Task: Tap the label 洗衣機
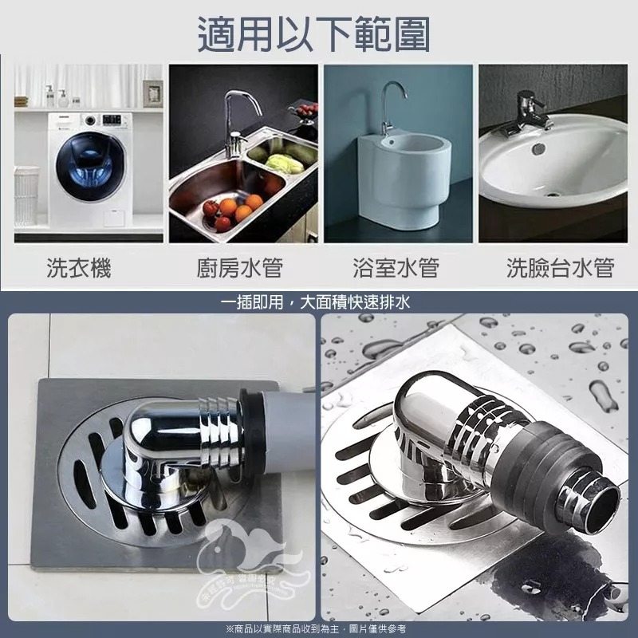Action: point(78,268)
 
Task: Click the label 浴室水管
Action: point(396,268)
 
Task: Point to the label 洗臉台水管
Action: point(560,268)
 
